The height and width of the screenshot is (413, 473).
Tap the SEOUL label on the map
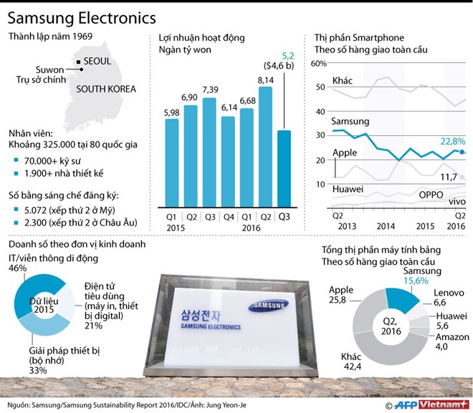point(97,62)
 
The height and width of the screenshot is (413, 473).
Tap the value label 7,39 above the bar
point(209,89)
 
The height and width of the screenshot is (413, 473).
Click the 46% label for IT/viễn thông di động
point(18,268)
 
